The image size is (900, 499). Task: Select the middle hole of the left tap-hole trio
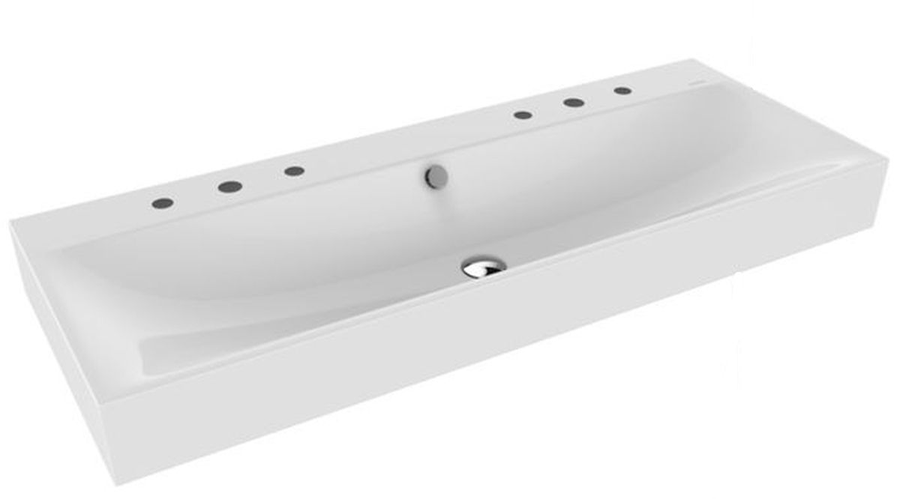click(226, 187)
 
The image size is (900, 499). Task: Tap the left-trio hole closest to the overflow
click(294, 172)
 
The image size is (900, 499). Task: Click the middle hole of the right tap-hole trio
click(574, 102)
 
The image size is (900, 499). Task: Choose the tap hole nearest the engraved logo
click(622, 91)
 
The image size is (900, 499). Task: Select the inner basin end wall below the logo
click(750, 120)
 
